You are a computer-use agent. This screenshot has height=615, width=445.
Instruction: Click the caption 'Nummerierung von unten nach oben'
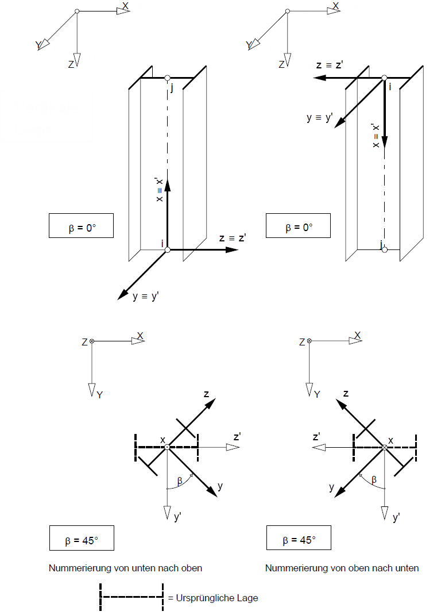[x=125, y=568]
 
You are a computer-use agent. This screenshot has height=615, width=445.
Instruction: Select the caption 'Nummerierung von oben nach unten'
[x=342, y=568]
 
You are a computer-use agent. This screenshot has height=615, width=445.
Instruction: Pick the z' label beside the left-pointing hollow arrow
[x=316, y=436]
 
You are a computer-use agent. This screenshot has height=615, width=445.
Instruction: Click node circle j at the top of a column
[x=167, y=78]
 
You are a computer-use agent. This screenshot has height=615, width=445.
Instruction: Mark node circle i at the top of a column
[x=384, y=78]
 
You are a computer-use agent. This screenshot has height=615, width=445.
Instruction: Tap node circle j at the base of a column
[x=384, y=249]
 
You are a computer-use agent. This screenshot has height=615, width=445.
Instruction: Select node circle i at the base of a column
[x=167, y=249]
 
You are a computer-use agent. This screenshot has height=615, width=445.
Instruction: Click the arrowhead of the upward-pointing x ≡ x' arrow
[x=167, y=183]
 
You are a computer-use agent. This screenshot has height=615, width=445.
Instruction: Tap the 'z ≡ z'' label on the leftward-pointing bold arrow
[x=330, y=65]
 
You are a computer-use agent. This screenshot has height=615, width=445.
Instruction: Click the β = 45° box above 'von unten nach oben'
[x=82, y=540]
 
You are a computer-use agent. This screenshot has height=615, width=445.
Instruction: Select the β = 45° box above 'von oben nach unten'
[x=299, y=540]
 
